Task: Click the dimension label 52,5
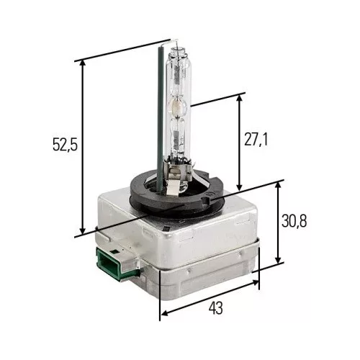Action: pos(65,145)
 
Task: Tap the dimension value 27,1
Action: pos(256,140)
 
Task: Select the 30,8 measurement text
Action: pos(294,221)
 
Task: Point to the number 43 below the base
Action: pos(216,308)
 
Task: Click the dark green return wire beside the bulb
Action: pos(160,120)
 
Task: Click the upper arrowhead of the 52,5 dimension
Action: pos(83,63)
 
